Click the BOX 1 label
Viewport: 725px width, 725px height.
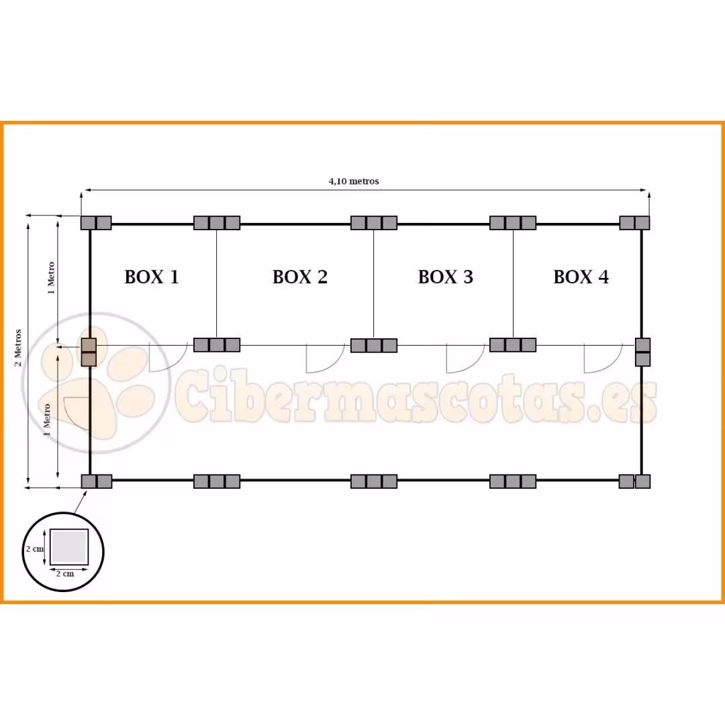[x=152, y=277]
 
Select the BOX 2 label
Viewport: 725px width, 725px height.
[x=300, y=277]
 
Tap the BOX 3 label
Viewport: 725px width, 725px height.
[x=446, y=277]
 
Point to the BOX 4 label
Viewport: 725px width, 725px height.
[x=581, y=277]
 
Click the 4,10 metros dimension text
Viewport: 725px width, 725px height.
[x=354, y=181]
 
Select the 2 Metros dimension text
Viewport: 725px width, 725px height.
[x=18, y=348]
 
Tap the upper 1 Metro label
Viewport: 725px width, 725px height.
[x=51, y=279]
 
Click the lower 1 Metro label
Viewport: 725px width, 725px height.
[x=47, y=420]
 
